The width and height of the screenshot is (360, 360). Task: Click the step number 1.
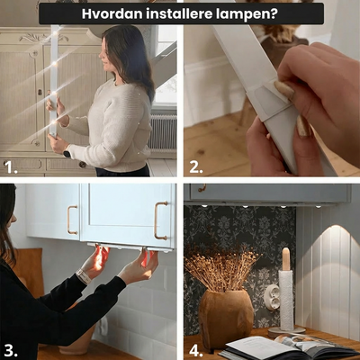pos(11,167)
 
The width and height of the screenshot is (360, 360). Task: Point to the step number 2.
pos(196,167)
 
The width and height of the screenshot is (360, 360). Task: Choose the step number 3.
pos(11,350)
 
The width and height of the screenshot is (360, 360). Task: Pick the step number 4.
pos(196,350)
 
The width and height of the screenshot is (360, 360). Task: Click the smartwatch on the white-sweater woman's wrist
pos(67,154)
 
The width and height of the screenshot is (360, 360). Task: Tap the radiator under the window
pos(162,132)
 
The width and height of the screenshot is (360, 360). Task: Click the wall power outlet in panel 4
pos(273,297)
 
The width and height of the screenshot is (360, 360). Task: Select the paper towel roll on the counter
pos(286,300)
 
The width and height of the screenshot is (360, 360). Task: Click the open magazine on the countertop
pos(288,347)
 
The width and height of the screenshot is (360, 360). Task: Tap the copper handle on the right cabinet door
pos(161,220)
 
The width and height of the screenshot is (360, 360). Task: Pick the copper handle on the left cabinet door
pos(72,220)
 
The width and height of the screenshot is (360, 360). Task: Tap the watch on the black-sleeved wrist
pos(84,276)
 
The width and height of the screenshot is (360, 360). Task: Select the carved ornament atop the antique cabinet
pos(44,38)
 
